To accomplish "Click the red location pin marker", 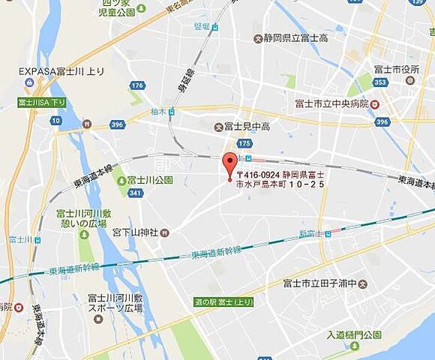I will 229,163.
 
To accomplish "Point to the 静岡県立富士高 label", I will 296,37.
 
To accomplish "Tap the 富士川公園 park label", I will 150,180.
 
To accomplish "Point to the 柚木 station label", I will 158,112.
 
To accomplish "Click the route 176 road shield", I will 136,85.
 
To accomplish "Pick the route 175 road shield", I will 244,142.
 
